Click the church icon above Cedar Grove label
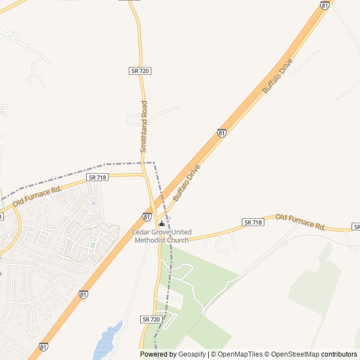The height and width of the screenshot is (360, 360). (x=162, y=224)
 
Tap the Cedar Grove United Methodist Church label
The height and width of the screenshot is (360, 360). (x=161, y=236)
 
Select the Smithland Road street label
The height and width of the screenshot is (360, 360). (x=144, y=127)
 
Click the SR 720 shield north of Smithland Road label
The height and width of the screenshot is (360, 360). (x=140, y=71)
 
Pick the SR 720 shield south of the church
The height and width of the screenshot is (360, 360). (x=152, y=319)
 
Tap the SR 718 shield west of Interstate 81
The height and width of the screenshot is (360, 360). (x=95, y=177)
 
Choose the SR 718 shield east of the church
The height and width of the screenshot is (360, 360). (x=253, y=222)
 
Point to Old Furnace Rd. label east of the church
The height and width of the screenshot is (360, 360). (x=300, y=222)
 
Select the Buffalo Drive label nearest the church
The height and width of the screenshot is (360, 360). (x=187, y=183)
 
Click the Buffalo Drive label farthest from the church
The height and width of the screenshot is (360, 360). (x=278, y=76)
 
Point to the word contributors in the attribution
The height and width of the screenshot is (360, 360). (x=339, y=354)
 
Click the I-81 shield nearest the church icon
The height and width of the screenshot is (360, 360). (x=147, y=216)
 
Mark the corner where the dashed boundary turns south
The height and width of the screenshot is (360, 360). (x=154, y=163)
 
